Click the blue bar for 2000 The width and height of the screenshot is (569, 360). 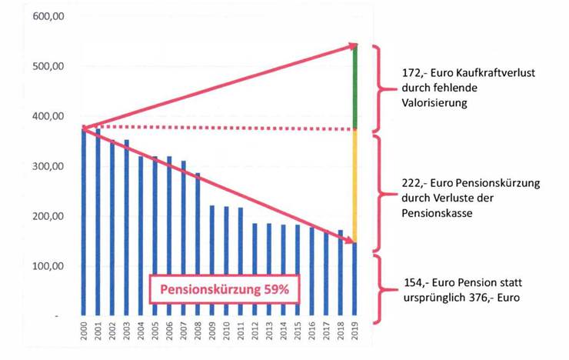pos(84,223)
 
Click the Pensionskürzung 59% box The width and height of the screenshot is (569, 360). pos(223,292)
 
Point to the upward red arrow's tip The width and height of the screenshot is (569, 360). pos(356,47)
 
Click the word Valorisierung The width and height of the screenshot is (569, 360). pos(425,102)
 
